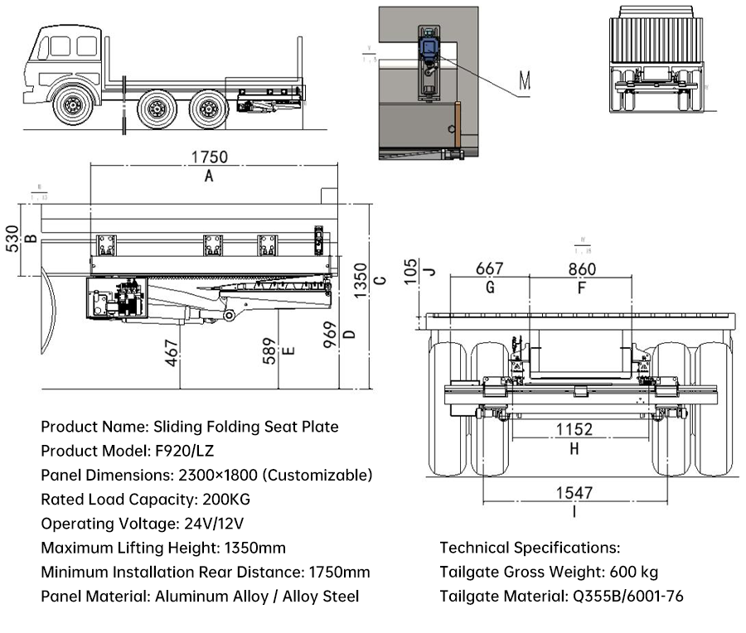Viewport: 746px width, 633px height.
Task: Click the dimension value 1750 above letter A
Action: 209,157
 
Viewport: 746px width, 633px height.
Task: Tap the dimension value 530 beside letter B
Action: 11,239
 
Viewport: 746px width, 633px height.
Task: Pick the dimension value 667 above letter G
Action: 489,268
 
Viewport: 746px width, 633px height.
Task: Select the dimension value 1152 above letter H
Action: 574,429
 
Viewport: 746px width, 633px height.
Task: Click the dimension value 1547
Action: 574,493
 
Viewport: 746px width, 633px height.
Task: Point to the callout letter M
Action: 525,80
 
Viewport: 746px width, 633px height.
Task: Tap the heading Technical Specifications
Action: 530,548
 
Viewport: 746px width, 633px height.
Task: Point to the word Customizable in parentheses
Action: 320,476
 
